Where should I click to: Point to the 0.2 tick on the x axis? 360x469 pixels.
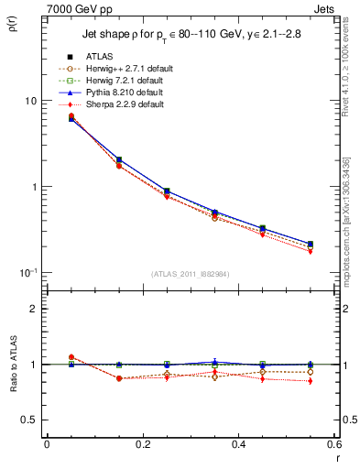coord(142,446)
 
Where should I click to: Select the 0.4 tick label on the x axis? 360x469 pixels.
coord(237,446)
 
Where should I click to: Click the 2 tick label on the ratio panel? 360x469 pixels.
coord(33,309)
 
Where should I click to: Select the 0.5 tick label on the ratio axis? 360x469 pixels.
coord(28,420)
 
